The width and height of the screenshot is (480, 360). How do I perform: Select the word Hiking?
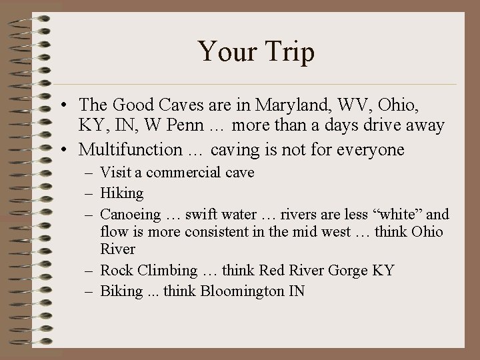[122, 193]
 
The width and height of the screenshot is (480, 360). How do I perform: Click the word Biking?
[121, 291]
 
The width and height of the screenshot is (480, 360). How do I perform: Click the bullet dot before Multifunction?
[61, 149]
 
